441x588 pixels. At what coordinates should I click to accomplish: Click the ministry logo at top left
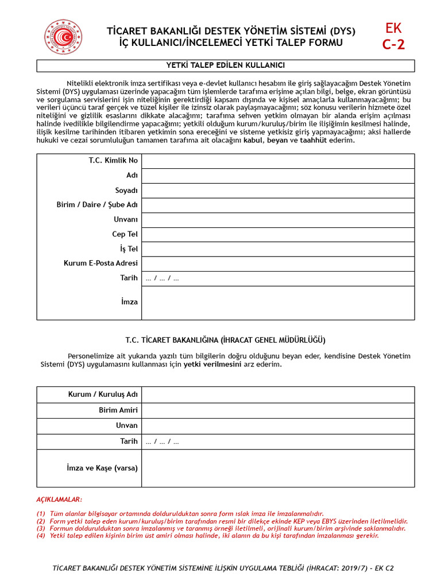tap(64, 37)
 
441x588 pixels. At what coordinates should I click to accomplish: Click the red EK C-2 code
tap(394, 37)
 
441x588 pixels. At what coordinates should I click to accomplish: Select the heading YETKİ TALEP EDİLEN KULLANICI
tap(226, 65)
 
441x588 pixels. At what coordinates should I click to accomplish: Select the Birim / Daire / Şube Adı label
tap(97, 205)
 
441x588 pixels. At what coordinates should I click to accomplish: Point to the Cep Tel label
tap(125, 234)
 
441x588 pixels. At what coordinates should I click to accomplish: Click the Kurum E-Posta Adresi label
tap(100, 264)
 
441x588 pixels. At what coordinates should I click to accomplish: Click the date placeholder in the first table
tap(163, 278)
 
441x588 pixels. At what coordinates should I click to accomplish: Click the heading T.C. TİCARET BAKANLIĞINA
tap(226, 340)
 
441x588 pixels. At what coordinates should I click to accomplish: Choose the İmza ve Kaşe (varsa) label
tap(102, 468)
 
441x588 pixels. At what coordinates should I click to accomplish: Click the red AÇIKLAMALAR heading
tap(59, 500)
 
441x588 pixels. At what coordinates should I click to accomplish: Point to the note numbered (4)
tap(207, 535)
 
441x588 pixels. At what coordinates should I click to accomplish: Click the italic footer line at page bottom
tap(223, 568)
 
